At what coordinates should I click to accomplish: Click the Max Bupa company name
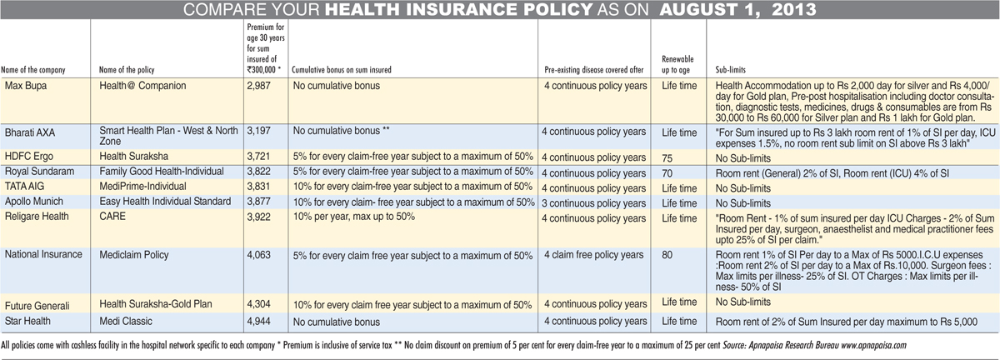(26, 86)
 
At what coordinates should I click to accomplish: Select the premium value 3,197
(259, 131)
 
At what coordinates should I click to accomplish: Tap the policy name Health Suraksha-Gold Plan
(155, 304)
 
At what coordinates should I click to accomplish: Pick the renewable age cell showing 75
(667, 158)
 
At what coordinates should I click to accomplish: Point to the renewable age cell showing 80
(667, 255)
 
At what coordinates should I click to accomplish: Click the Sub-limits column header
(730, 70)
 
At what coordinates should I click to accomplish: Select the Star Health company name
(27, 321)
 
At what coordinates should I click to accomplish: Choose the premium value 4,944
(259, 322)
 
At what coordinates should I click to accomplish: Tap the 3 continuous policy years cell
(593, 203)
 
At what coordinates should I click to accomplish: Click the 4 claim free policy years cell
(593, 255)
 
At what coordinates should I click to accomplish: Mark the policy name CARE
(112, 217)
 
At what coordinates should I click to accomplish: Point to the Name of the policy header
(127, 70)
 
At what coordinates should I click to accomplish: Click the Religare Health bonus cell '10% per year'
(354, 217)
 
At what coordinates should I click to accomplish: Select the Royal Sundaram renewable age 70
(667, 173)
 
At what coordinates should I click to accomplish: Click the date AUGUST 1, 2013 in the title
(738, 9)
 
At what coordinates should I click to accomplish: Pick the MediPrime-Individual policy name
(142, 187)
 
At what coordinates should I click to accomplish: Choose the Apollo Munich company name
(34, 202)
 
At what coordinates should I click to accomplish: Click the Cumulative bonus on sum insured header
(342, 70)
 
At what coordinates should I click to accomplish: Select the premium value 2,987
(259, 86)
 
